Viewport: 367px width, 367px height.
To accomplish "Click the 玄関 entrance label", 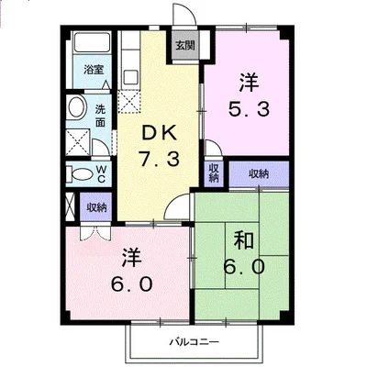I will point(184,45).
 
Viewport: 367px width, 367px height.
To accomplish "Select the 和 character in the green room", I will point(244,241).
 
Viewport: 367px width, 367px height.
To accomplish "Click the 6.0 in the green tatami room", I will point(244,267).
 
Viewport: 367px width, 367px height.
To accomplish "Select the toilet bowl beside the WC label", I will point(80,174).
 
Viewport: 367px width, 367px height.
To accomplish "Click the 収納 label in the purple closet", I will point(258,173).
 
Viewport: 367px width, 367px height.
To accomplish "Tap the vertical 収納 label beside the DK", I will point(213,172).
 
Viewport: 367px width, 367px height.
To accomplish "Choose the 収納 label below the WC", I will point(96,207).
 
